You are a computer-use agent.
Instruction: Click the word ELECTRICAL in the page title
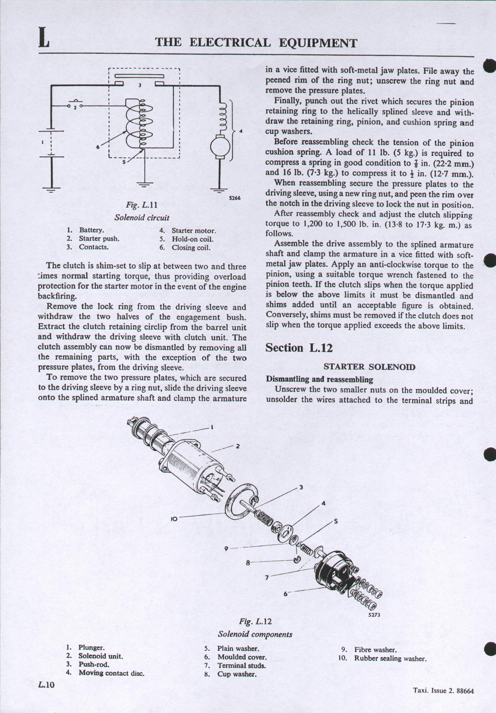230,43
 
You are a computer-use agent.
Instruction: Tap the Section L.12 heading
299,348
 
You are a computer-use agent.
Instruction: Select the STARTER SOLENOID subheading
369,367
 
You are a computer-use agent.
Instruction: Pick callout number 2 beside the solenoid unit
238,446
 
